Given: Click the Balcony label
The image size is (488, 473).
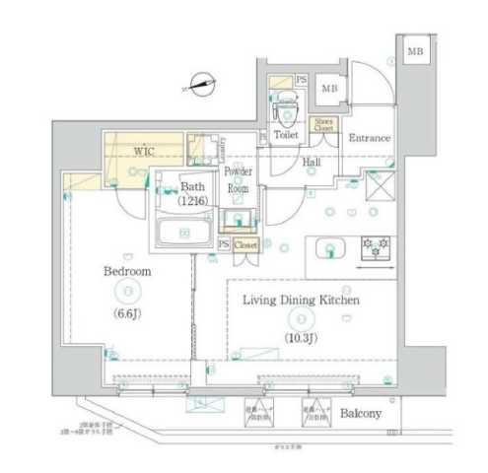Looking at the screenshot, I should (362, 413).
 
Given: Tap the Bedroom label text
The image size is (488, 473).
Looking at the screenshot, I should (128, 270).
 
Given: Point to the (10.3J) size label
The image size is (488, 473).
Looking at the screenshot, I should (301, 338).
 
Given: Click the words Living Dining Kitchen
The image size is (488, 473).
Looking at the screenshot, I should (301, 301).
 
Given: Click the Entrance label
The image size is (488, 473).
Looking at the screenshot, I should (370, 139).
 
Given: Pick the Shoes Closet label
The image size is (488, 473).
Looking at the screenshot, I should (323, 124).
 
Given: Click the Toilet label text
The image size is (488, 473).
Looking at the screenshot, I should (286, 134).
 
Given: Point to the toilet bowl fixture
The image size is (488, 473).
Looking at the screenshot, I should (286, 102).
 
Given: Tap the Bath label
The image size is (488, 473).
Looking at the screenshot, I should (193, 185).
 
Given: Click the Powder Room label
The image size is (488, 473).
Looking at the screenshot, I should (240, 178).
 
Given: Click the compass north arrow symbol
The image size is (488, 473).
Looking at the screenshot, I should (202, 85).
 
